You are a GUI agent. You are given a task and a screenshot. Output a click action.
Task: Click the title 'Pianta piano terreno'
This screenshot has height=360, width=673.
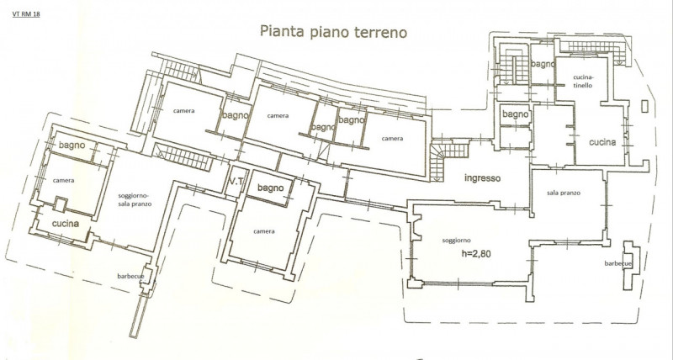333,32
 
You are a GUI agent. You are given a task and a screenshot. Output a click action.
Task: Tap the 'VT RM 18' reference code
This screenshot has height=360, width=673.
27,13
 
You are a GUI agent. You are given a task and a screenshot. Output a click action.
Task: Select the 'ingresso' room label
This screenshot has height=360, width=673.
482,178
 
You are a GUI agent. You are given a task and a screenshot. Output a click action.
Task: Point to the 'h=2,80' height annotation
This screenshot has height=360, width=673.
476,253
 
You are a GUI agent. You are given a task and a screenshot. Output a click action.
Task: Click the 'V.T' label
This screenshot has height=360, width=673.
236,182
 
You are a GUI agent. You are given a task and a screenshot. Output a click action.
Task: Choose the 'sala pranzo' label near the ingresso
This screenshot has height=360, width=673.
564,193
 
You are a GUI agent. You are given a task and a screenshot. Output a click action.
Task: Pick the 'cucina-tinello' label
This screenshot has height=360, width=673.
583,81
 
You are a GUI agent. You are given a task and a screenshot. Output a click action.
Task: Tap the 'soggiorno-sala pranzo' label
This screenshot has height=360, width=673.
135,199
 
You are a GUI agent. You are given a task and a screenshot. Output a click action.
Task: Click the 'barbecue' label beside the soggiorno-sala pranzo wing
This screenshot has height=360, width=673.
130,276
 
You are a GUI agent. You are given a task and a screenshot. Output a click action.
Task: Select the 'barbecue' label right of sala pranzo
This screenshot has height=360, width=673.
618,263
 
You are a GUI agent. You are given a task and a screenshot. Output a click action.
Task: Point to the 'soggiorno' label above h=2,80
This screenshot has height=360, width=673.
457,241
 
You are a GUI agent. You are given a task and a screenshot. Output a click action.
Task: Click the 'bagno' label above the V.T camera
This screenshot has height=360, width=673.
270,188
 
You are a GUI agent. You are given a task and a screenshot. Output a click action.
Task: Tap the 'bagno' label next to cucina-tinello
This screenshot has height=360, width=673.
543,65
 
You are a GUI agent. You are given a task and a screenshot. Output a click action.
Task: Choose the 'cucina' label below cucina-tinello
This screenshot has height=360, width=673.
602,142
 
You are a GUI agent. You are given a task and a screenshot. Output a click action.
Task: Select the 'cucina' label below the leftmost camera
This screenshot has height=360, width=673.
66,224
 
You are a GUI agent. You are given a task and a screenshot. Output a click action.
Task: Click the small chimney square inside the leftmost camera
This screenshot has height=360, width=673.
61,204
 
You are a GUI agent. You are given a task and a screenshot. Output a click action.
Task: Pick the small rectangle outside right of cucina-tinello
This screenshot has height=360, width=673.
644,106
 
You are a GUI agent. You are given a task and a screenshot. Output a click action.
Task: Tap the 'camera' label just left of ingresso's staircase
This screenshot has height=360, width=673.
392,139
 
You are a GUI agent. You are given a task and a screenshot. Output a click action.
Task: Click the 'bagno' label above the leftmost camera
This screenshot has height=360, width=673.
72,146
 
